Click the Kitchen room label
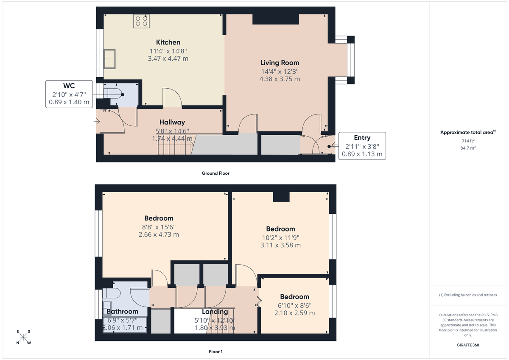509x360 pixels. (x=168, y=42)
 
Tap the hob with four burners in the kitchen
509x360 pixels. (x=141, y=21)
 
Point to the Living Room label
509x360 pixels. (x=280, y=63)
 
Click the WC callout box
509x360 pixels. (x=69, y=94)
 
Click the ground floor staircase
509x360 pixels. (x=175, y=145)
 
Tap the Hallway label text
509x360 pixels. (x=172, y=122)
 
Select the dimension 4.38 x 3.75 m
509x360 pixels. (x=280, y=79)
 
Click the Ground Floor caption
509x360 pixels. (x=215, y=173)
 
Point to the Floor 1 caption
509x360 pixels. (x=215, y=352)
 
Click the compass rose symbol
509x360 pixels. (x=23, y=337)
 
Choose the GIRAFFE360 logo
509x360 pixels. (x=469, y=345)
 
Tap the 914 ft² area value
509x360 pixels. (x=468, y=140)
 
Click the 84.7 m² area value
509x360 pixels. (x=468, y=148)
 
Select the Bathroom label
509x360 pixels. (x=122, y=312)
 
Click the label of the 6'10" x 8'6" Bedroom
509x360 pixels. (x=294, y=297)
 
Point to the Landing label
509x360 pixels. (x=215, y=312)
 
